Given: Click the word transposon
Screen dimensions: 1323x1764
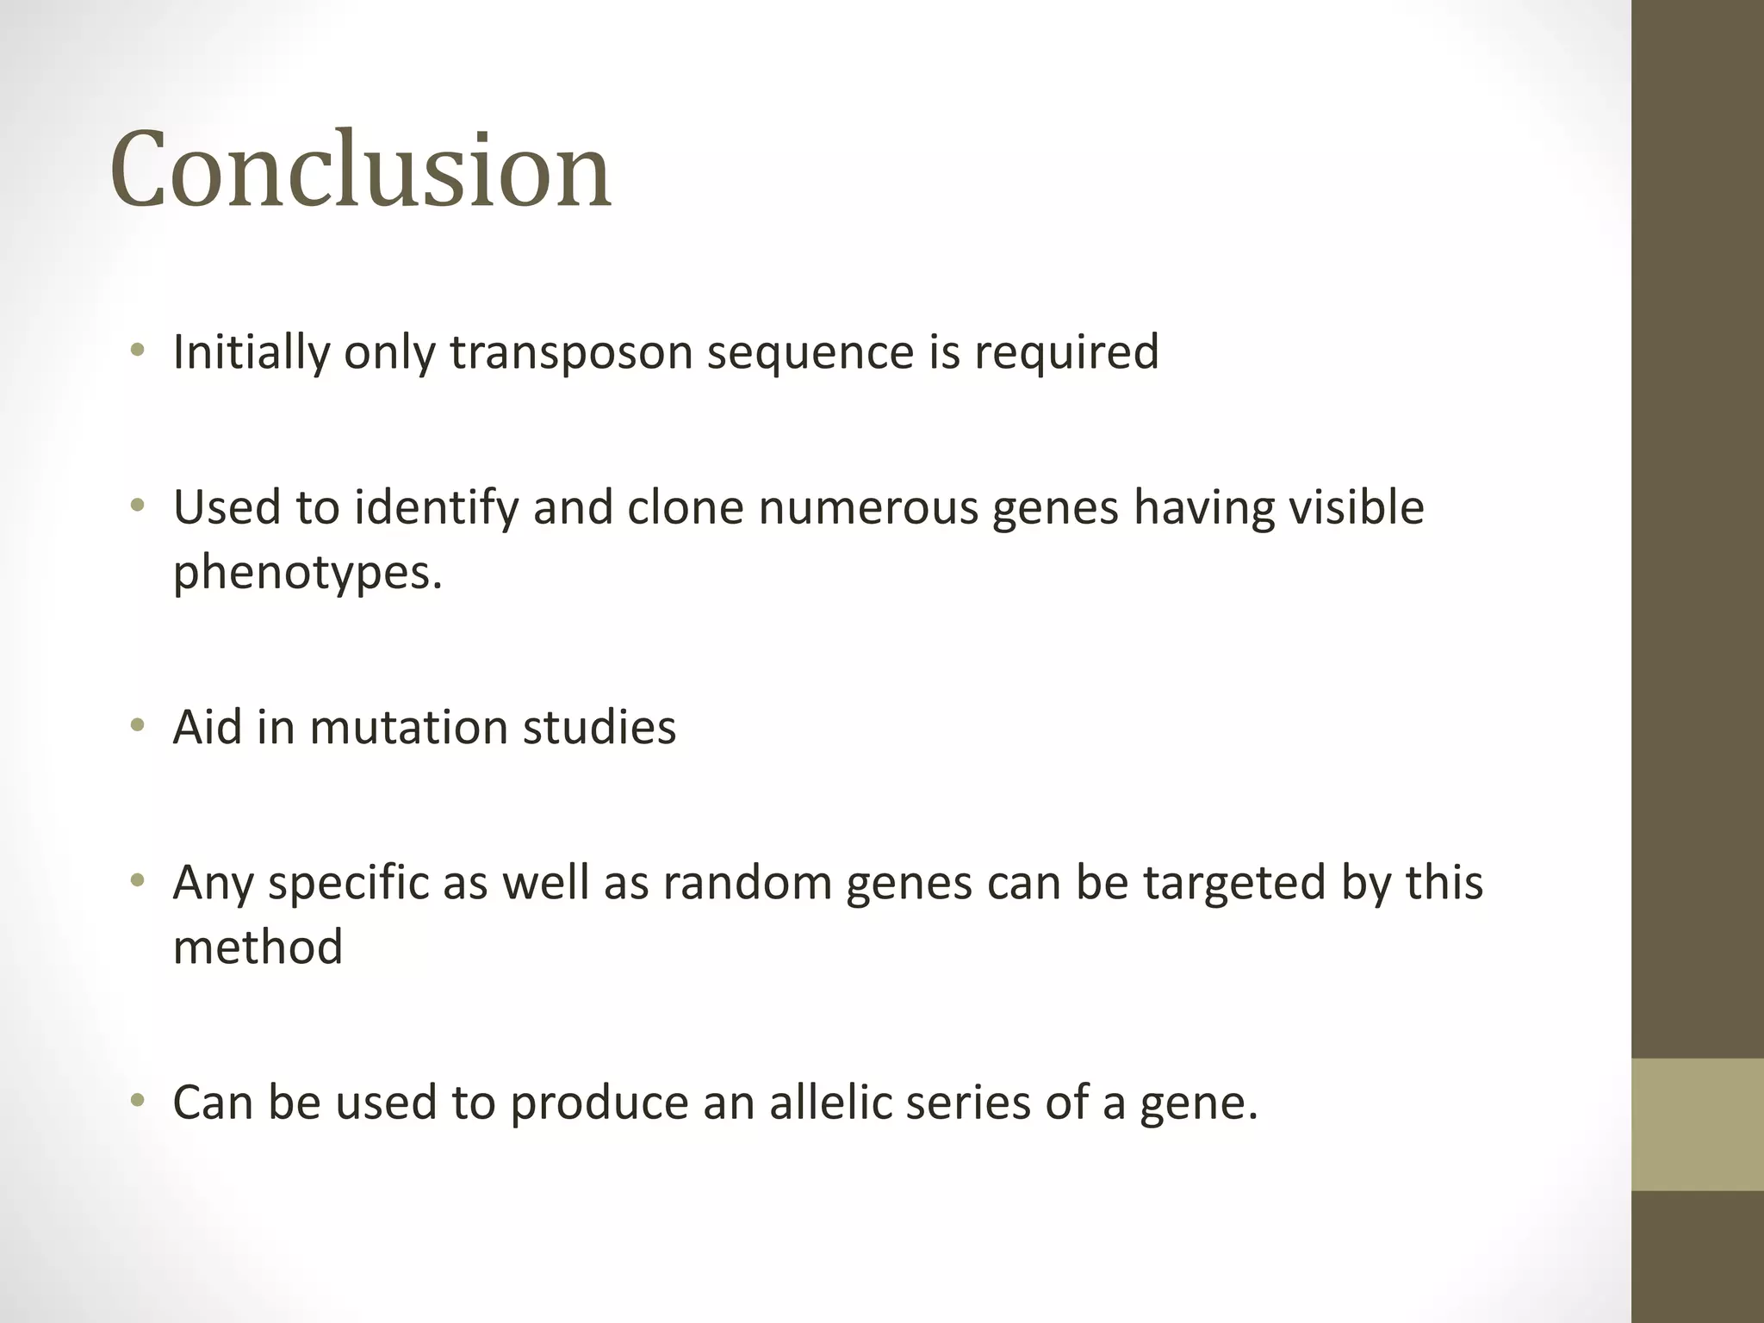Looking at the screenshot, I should click(571, 352).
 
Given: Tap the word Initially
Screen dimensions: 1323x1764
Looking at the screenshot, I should click(250, 352).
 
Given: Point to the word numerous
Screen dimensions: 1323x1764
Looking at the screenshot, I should click(868, 507).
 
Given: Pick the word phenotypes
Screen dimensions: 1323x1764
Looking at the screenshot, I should click(307, 573).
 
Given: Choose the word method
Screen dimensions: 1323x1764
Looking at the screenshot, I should click(258, 947).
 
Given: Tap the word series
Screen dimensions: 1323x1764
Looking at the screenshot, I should click(967, 1103).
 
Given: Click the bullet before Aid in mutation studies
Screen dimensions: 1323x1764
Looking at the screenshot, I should click(137, 727).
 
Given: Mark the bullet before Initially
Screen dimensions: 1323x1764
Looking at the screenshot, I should click(137, 351).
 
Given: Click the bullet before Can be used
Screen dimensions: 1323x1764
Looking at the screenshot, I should click(137, 1102).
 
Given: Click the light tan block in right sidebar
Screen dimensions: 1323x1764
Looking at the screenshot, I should click(1697, 1124).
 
